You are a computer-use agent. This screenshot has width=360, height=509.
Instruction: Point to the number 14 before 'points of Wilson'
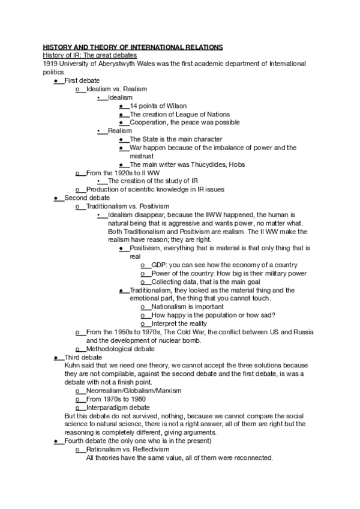pyautogui.click(x=134, y=106)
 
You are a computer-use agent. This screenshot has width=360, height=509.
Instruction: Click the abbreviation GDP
pyautogui.click(x=159, y=265)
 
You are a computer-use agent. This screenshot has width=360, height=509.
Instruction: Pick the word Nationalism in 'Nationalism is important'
pyautogui.click(x=172, y=307)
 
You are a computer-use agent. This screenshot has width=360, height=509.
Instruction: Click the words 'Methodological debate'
pyautogui.click(x=120, y=349)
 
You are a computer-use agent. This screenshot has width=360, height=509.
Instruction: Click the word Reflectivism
pyautogui.click(x=154, y=450)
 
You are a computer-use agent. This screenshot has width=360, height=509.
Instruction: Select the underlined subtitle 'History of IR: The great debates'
pyautogui.click(x=86, y=55)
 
